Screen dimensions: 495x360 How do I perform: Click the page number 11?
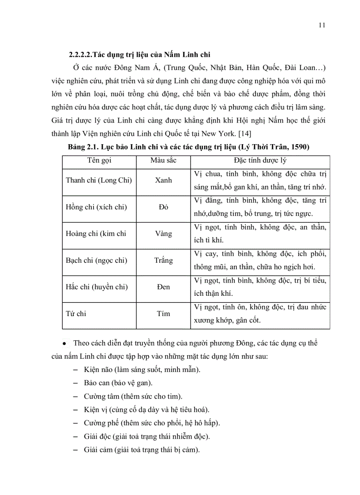[322, 25]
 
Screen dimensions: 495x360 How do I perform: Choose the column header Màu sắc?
[163, 160]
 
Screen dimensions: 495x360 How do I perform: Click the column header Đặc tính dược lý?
[260, 160]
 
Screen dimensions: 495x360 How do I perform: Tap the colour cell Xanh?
[164, 180]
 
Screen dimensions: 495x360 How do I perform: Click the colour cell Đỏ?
[164, 207]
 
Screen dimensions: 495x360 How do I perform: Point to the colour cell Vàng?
[164, 234]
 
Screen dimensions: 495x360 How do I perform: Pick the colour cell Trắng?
[164, 261]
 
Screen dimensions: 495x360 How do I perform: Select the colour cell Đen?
[164, 287]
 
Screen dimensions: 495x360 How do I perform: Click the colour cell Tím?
[164, 314]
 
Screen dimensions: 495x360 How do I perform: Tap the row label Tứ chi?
[76, 314]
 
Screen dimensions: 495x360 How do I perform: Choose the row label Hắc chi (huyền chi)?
[97, 287]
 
